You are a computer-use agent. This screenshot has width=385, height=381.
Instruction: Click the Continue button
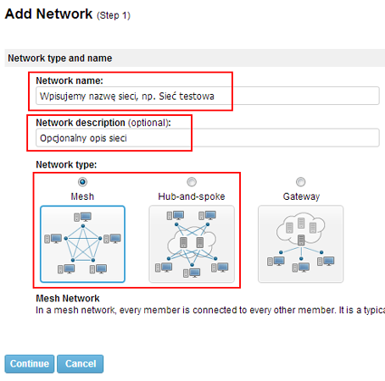[30, 364]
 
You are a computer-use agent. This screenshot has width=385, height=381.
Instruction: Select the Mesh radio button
[82, 182]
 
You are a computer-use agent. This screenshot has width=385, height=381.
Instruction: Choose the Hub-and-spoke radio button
[192, 182]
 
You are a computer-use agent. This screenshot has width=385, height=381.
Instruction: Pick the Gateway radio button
[300, 182]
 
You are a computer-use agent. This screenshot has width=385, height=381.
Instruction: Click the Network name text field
[208, 96]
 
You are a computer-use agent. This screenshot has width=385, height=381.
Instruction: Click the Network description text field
[208, 138]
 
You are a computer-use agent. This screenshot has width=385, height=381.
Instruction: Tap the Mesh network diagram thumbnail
[82, 244]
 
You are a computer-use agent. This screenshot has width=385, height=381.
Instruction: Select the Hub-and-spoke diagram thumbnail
[192, 244]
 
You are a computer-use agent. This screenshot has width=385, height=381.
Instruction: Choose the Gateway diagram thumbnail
[301, 244]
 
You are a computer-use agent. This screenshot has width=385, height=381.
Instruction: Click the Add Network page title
[48, 14]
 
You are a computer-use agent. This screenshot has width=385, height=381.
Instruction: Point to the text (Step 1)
[114, 15]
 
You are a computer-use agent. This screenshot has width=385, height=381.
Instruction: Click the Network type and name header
[60, 58]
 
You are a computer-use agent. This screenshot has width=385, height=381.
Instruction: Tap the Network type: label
[66, 164]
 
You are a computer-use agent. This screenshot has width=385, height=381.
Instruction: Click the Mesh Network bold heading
[68, 298]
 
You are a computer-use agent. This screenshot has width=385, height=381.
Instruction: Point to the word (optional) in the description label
[149, 123]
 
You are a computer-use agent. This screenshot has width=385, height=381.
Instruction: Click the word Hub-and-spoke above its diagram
[192, 196]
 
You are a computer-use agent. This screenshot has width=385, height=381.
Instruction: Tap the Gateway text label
[301, 196]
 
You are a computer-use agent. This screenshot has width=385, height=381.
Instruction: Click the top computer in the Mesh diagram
[83, 217]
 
